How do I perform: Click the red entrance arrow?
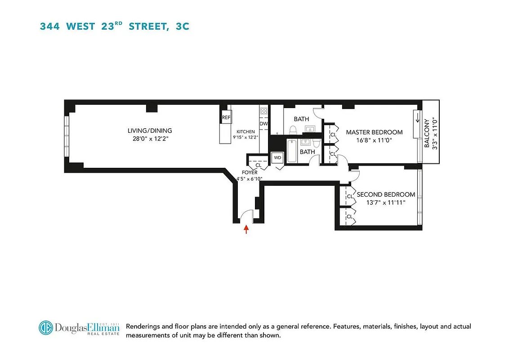[x=246, y=230]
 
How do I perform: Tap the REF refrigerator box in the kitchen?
[x=226, y=117]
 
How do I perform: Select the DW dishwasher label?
[x=263, y=124]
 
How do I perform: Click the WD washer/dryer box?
[x=277, y=158]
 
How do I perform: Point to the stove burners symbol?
[x=264, y=111]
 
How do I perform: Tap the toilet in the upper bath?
[x=293, y=130]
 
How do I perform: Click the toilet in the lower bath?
[x=316, y=143]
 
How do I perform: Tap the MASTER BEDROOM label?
[x=374, y=132]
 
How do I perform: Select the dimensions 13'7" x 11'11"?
[x=381, y=202]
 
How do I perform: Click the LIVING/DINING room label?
[x=149, y=131]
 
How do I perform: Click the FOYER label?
[x=250, y=172]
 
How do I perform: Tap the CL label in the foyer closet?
[x=258, y=165]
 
